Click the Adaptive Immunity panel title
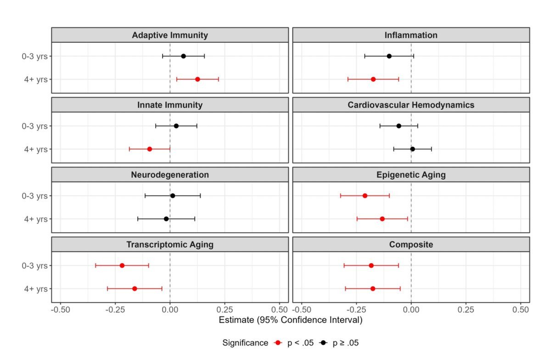pos(170,35)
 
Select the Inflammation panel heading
pos(411,35)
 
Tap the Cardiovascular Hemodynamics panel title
pos(411,105)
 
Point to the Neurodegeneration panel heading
pos(170,175)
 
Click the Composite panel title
pos(411,245)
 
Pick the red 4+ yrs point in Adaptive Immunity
pos(197,79)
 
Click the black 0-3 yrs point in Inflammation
pos(389,56)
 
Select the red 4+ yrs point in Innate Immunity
pos(150,149)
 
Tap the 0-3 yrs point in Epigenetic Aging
pos(365,196)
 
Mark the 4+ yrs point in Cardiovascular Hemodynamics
pos(412,149)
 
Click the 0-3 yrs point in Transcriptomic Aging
pos(122,265)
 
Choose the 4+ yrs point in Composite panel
pos(372,289)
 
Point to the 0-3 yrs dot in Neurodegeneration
pos(173,196)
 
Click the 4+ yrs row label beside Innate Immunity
pos(37,149)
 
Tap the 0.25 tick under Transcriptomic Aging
pos(225,309)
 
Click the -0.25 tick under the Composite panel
pos(356,309)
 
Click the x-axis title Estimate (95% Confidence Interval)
pos(291,320)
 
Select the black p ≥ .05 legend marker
pos(324,343)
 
